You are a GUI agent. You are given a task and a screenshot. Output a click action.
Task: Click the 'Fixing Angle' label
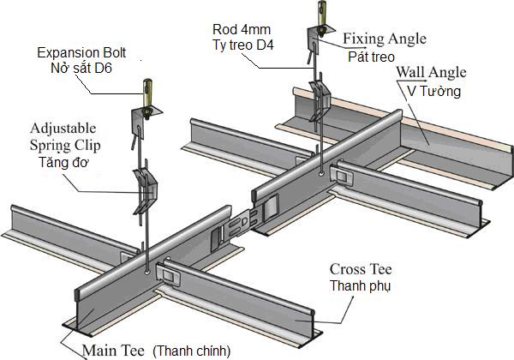[x=384, y=39]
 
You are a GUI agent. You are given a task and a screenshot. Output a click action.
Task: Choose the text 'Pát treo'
[x=370, y=56]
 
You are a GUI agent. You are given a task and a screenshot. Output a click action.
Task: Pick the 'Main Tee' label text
[x=113, y=350]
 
